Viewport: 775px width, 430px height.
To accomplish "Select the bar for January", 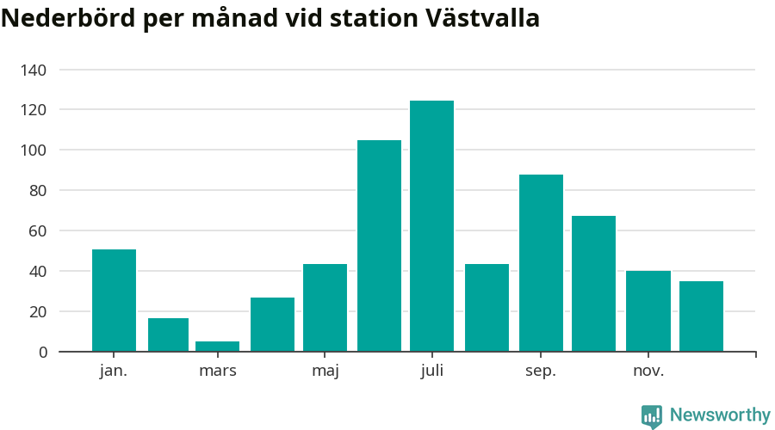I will (114, 300).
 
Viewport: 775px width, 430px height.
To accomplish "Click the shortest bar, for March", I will (217, 347).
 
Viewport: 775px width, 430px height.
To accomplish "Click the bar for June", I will (379, 246).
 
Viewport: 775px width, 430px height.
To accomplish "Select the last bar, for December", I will (701, 316).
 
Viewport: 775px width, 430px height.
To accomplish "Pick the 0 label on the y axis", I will (42, 352).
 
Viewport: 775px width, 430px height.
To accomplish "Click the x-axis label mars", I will (217, 372).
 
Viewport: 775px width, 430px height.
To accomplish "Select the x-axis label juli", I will (432, 372).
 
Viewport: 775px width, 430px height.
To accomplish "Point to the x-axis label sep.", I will (541, 372).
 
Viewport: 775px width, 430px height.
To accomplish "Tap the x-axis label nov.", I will (648, 372).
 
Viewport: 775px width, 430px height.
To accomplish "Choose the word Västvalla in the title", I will (482, 20).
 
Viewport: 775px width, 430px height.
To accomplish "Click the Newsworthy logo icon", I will (652, 416).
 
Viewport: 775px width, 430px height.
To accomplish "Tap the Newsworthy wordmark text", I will (720, 415).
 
